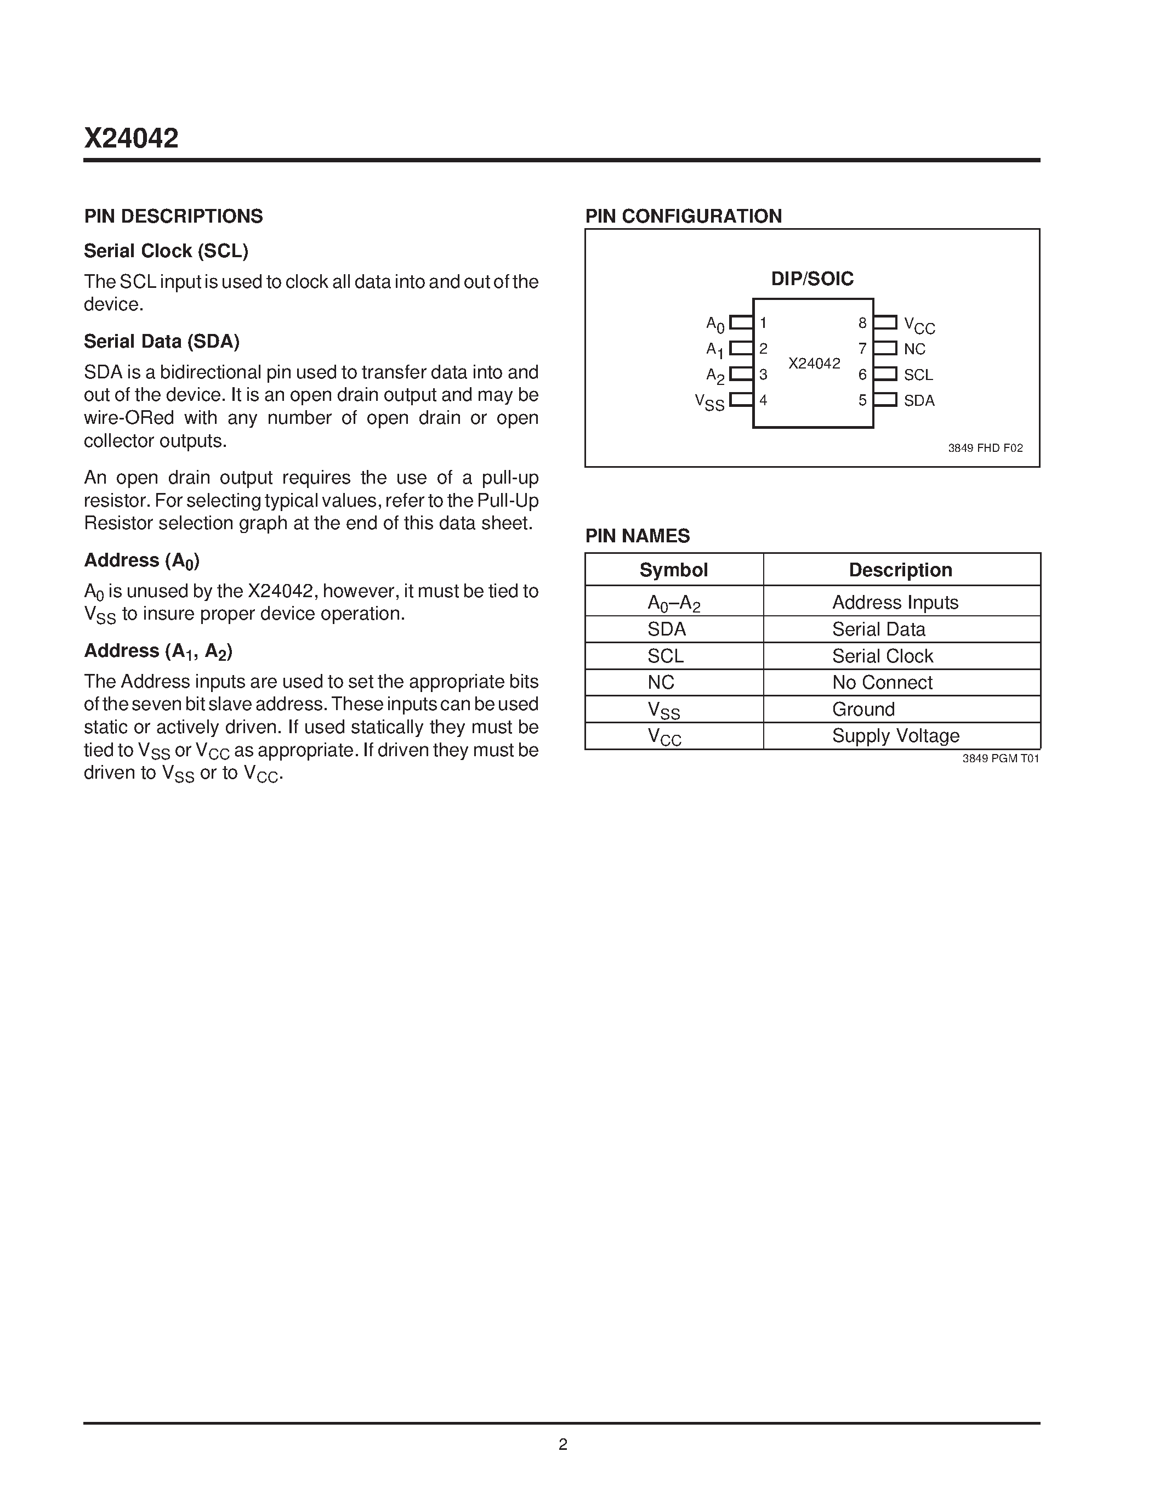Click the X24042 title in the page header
pyautogui.click(x=131, y=138)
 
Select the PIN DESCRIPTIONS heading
pyautogui.click(x=173, y=216)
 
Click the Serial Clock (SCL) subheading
pyautogui.click(x=166, y=251)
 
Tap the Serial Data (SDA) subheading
pyautogui.click(x=162, y=341)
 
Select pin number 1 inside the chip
pyautogui.click(x=763, y=322)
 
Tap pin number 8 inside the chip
pyautogui.click(x=862, y=322)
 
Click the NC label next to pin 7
pyautogui.click(x=914, y=349)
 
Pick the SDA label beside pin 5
pyautogui.click(x=919, y=400)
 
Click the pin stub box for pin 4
pyautogui.click(x=741, y=399)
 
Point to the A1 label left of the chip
pyautogui.click(x=714, y=350)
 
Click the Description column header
pyautogui.click(x=900, y=570)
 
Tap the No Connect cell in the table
pyautogui.click(x=882, y=682)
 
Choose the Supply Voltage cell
pyautogui.click(x=895, y=735)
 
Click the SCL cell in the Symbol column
pyautogui.click(x=666, y=656)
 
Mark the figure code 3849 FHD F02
pyautogui.click(x=985, y=448)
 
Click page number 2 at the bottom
pyautogui.click(x=562, y=1444)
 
